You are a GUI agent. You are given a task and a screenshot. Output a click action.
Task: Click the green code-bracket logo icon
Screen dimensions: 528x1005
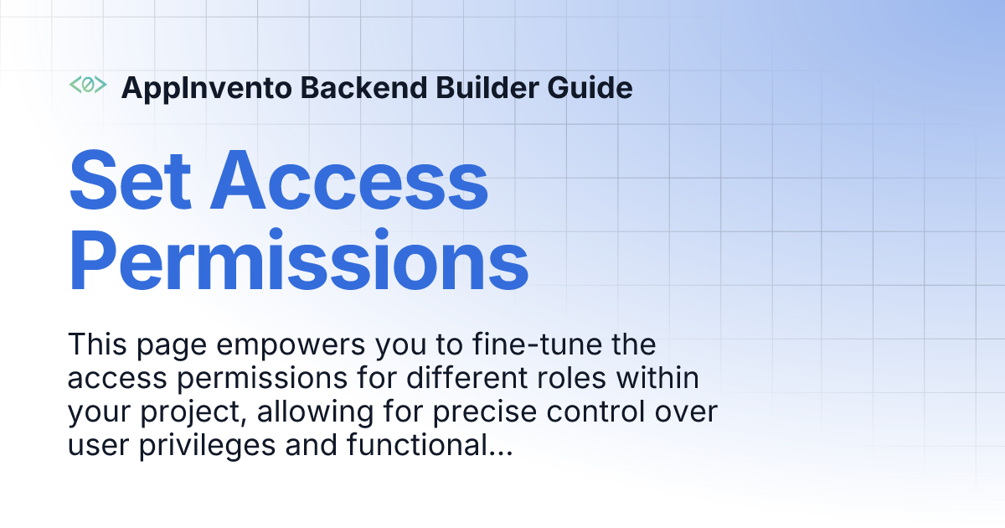[87, 85]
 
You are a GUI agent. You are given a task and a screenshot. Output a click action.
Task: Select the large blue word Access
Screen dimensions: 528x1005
[348, 181]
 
